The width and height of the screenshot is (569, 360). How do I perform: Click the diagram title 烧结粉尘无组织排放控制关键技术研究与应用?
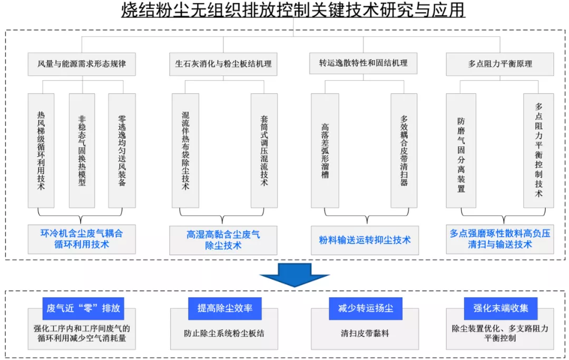pyautogui.click(x=285, y=11)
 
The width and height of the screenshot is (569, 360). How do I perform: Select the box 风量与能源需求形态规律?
pyautogui.click(x=82, y=64)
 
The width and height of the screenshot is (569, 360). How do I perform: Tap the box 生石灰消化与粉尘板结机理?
pyautogui.click(x=223, y=64)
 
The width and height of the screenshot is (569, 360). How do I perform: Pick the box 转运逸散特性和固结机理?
pyautogui.click(x=363, y=63)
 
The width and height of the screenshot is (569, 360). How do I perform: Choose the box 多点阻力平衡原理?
pyautogui.click(x=499, y=64)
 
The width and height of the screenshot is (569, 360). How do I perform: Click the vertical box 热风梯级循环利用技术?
pyautogui.click(x=41, y=150)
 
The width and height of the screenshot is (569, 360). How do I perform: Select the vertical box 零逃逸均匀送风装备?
pyautogui.click(x=122, y=150)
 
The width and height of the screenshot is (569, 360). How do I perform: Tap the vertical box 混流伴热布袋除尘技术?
pyautogui.click(x=185, y=150)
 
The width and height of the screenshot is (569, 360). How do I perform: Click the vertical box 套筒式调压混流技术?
pyautogui.click(x=264, y=150)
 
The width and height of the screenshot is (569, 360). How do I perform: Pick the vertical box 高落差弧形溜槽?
pyautogui.click(x=325, y=150)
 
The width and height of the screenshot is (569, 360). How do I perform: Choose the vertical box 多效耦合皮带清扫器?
pyautogui.click(x=404, y=150)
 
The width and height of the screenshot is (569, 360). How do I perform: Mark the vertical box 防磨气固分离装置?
pyautogui.click(x=460, y=150)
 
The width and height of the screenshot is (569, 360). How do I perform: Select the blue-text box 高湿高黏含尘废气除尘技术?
pyautogui.click(x=223, y=240)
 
